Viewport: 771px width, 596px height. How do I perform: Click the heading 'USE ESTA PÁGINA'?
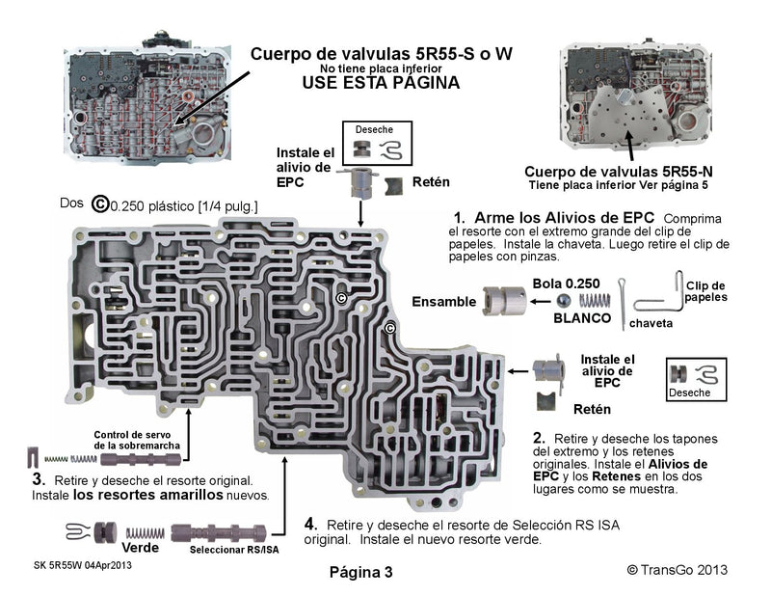tap(381, 83)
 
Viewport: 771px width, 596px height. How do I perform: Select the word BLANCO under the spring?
tap(582, 318)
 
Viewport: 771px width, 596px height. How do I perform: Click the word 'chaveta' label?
tap(651, 323)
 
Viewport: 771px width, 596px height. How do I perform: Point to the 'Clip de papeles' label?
tap(706, 291)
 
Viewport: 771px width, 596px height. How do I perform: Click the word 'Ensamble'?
tap(444, 302)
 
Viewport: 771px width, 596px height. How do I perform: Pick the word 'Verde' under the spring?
tap(140, 547)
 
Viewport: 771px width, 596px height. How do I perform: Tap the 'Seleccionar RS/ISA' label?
tap(234, 550)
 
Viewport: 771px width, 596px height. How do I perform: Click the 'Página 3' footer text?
tap(360, 572)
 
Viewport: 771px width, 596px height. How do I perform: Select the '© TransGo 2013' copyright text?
tap(678, 570)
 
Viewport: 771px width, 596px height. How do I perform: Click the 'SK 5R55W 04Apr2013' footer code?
tap(83, 565)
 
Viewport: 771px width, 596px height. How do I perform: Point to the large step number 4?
tap(309, 524)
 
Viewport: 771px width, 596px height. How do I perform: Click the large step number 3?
tap(39, 479)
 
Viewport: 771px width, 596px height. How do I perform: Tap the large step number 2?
tap(539, 438)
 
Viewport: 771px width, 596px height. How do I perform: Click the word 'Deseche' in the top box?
tap(374, 129)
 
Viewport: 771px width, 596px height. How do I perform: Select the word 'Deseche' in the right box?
tap(689, 393)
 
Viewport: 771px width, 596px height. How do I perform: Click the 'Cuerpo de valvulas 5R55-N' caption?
tap(619, 172)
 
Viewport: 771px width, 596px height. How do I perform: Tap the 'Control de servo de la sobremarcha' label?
tap(137, 440)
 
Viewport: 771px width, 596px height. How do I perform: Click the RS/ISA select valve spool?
tap(219, 533)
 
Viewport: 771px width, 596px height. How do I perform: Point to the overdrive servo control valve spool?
tap(141, 460)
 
